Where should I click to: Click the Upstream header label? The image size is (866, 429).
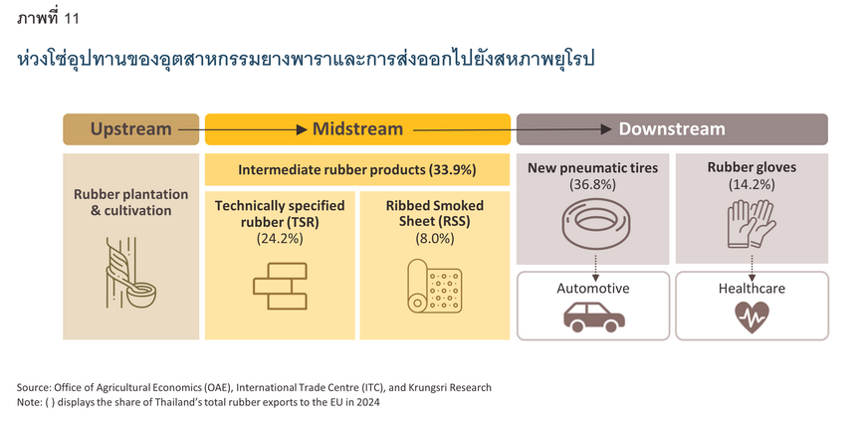click(130, 129)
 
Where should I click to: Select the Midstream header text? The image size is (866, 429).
click(358, 129)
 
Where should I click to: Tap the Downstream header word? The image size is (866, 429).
click(672, 129)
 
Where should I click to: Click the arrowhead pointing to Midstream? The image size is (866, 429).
click(302, 129)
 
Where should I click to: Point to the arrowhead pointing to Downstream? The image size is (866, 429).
click(606, 129)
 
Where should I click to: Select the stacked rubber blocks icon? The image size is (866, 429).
click(280, 286)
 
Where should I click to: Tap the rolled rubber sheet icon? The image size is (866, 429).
click(434, 286)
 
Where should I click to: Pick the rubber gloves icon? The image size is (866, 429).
click(752, 224)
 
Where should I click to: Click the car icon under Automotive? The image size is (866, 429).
click(593, 316)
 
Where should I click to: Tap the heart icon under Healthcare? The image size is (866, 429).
click(752, 317)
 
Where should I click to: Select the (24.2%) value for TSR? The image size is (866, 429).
click(280, 239)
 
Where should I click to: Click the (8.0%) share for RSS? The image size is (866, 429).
click(435, 239)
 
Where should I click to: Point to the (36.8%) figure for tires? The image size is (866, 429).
click(592, 185)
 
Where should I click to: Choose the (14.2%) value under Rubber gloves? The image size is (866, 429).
click(752, 185)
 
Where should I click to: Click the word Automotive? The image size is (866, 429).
click(593, 289)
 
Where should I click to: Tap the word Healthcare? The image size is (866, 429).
click(752, 289)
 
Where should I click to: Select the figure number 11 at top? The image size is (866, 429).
click(72, 19)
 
